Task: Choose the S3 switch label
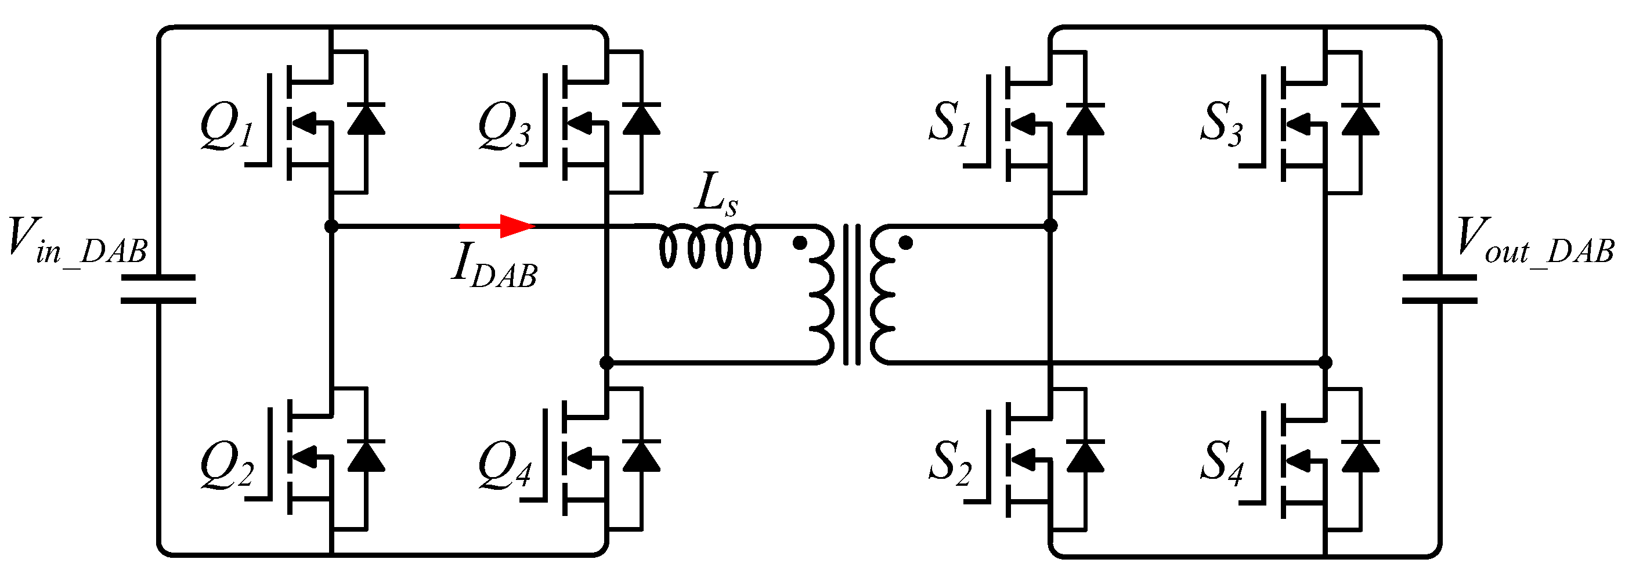coord(1221,124)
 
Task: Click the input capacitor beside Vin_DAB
coord(158,288)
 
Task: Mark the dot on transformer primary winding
coord(799,243)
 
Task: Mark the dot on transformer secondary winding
coord(905,242)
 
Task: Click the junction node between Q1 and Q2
coord(331,225)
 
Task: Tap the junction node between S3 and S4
coord(1326,363)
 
